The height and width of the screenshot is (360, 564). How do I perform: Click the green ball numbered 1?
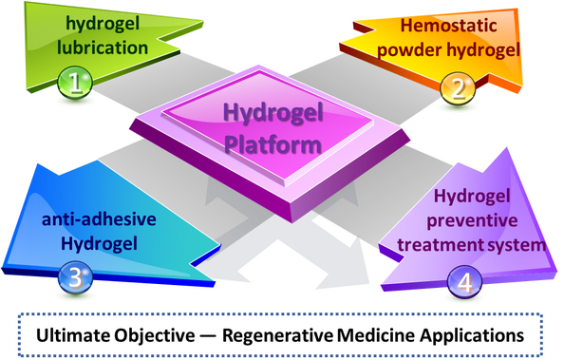(x=75, y=83)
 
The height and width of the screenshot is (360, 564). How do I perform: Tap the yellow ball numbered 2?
(x=458, y=89)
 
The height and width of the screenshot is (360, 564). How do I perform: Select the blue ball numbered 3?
(x=75, y=278)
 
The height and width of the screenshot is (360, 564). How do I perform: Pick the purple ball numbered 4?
(x=464, y=282)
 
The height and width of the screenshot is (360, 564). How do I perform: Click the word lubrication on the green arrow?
(x=103, y=47)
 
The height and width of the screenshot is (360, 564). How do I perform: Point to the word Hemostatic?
(x=448, y=26)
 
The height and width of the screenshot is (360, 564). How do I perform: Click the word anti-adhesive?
(x=99, y=218)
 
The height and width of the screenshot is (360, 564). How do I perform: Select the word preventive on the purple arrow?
(x=472, y=220)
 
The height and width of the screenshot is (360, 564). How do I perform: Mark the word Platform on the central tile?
(x=273, y=144)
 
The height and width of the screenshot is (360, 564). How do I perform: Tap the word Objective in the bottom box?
(x=155, y=336)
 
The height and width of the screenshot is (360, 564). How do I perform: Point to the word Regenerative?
(x=277, y=336)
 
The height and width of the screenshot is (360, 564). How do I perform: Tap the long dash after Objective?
(x=209, y=336)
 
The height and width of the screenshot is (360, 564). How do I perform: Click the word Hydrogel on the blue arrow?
(x=99, y=244)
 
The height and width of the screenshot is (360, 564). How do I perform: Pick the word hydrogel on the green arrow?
(x=103, y=25)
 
